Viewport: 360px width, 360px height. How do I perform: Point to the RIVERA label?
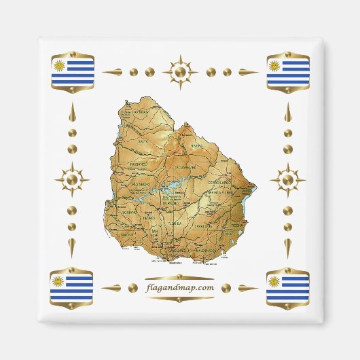pos(196,145)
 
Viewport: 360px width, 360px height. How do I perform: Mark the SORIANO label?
pos(129,211)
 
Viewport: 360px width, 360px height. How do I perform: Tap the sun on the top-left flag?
pos(60,66)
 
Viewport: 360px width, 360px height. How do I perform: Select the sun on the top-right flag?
pos(275,66)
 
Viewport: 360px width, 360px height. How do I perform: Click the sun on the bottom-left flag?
pos(60,281)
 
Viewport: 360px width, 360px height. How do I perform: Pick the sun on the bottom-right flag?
pos(275,281)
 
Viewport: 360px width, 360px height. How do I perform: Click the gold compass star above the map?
pos(180,71)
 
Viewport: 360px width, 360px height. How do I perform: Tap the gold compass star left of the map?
pos(72,180)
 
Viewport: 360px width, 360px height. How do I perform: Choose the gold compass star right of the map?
pos(288,180)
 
